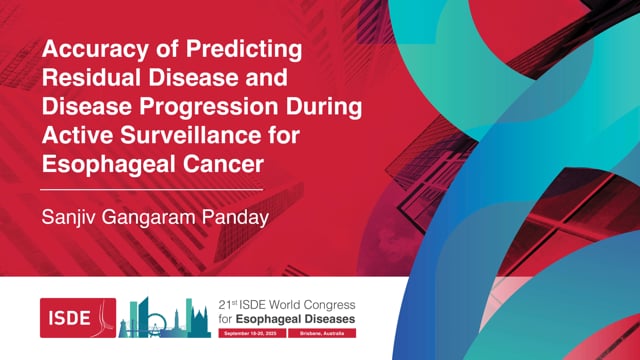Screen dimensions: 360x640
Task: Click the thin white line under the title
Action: pyautogui.click(x=151, y=187)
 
